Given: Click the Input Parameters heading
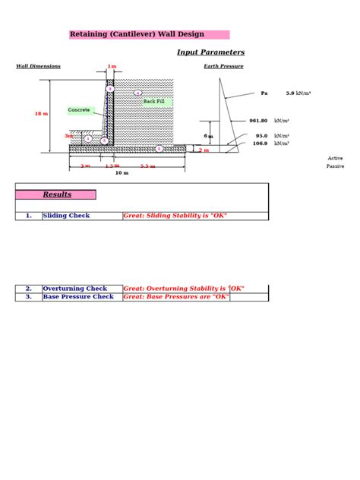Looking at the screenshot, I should (x=210, y=52).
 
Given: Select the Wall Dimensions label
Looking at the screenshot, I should (x=38, y=66).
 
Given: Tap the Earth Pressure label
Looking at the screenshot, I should (x=223, y=66).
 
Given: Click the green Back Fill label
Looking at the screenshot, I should (x=158, y=101).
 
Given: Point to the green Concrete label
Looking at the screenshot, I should (x=79, y=110).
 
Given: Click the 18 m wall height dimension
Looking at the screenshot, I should (x=41, y=114).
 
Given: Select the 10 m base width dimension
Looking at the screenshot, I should (x=122, y=172).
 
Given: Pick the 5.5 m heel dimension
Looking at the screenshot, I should (x=147, y=166).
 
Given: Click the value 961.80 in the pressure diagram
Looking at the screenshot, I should (x=258, y=121).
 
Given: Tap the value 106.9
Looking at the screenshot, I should (x=260, y=143).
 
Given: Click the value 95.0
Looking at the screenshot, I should (x=261, y=136).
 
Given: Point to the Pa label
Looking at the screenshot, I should (x=264, y=93).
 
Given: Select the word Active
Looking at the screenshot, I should (x=335, y=158).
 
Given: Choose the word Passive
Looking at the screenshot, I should (x=335, y=166).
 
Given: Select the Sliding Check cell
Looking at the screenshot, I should (x=66, y=216).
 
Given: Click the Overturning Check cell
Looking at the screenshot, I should (x=74, y=289).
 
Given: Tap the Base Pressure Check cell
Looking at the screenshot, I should (x=77, y=296).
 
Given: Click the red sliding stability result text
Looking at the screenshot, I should (x=175, y=216).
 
